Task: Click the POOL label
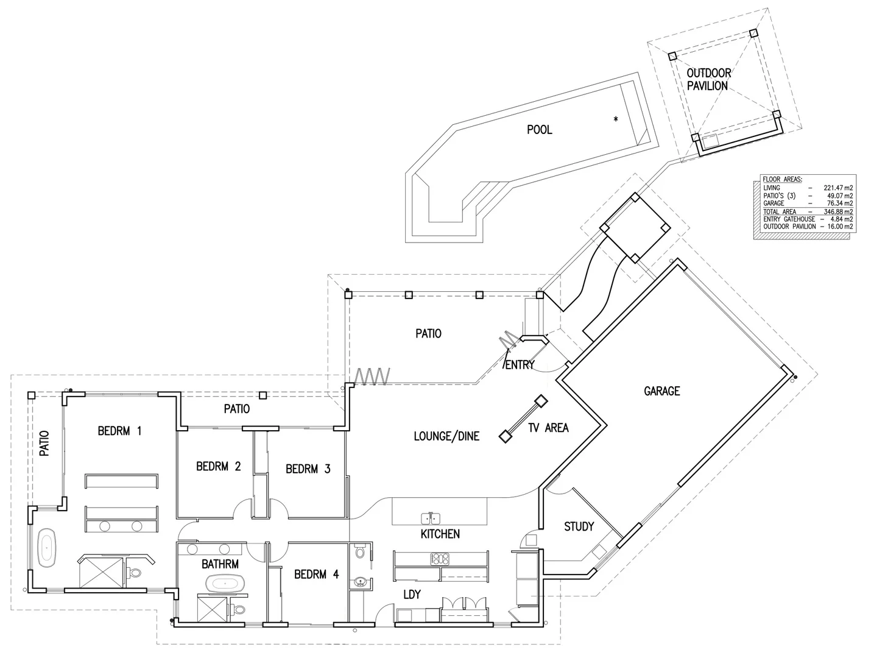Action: point(539,129)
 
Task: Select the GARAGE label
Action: point(662,391)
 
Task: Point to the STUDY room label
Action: point(579,526)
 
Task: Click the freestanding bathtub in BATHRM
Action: point(225,584)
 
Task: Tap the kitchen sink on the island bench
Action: point(430,518)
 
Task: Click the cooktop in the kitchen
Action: point(440,559)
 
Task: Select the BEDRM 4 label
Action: point(316,575)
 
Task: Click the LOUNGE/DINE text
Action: point(446,436)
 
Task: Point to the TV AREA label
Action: point(548,428)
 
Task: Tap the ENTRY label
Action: point(520,365)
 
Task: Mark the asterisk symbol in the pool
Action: point(615,119)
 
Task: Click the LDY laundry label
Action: point(412,595)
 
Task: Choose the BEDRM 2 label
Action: point(218,466)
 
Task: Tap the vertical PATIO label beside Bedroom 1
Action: point(44,444)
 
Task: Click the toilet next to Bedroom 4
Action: point(360,551)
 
